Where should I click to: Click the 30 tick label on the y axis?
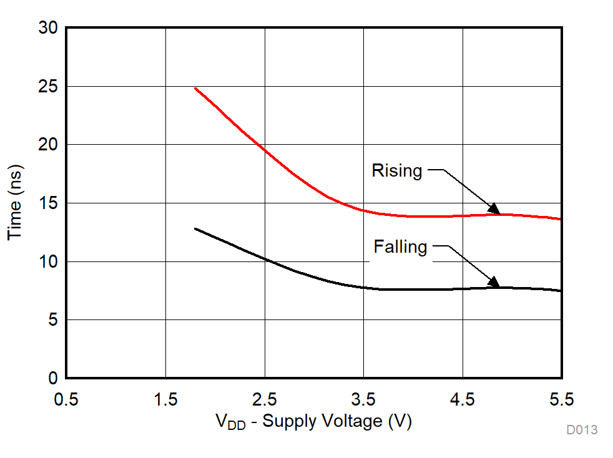pyautogui.click(x=48, y=28)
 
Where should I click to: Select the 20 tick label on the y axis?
pyautogui.click(x=48, y=145)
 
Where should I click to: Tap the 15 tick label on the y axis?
pyautogui.click(x=48, y=203)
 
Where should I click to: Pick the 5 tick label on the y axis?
pyautogui.click(x=52, y=320)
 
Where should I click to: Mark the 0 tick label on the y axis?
pyautogui.click(x=52, y=378)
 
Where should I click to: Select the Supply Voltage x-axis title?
pyautogui.click(x=314, y=421)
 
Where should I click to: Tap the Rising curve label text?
pyautogui.click(x=397, y=170)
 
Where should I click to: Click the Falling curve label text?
pyautogui.click(x=400, y=247)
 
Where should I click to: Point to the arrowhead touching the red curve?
pyautogui.click(x=494, y=209)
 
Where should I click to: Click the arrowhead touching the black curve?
pyautogui.click(x=494, y=282)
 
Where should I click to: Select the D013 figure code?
pyautogui.click(x=582, y=430)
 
